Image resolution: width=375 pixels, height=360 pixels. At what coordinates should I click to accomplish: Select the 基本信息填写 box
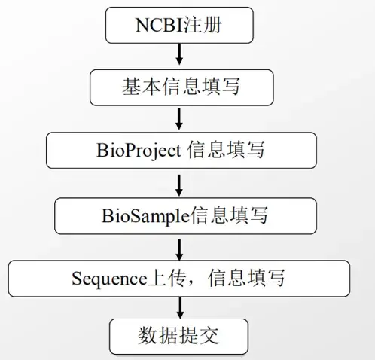pyautogui.click(x=179, y=87)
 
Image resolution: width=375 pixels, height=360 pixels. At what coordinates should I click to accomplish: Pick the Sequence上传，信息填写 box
pyautogui.click(x=179, y=278)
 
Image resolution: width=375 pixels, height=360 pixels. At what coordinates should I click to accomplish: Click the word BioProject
pyautogui.click(x=139, y=150)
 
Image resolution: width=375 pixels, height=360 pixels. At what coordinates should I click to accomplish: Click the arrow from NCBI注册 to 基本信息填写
pyautogui.click(x=179, y=55)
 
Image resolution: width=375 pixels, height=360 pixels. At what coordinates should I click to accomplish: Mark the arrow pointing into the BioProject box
pyautogui.click(x=179, y=118)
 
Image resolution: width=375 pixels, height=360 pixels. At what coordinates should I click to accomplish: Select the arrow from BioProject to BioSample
pyautogui.click(x=179, y=183)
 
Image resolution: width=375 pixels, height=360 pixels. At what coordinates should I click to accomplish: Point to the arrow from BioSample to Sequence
pyautogui.click(x=179, y=246)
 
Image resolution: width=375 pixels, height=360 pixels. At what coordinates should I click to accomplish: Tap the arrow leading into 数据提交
pyautogui.click(x=179, y=307)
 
